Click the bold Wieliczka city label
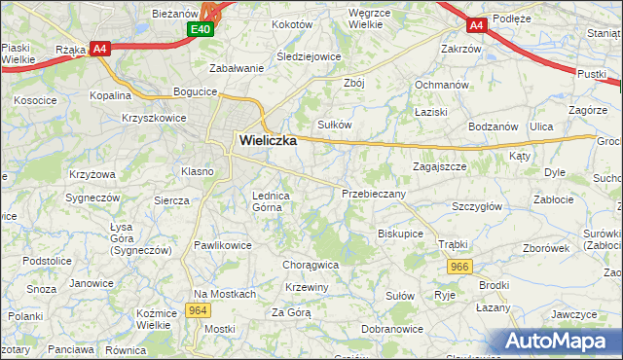click(x=267, y=140)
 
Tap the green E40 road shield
click(x=201, y=31)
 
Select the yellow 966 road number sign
click(x=460, y=266)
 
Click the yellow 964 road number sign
click(x=199, y=310)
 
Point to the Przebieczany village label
click(x=374, y=194)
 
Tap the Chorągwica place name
click(x=310, y=264)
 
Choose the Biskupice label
click(x=400, y=234)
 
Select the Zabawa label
click(x=237, y=68)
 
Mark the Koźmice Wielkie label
click(x=156, y=317)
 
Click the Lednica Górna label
click(x=271, y=200)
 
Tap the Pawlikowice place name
click(x=223, y=245)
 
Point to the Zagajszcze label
click(x=439, y=166)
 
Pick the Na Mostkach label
click(x=224, y=294)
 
